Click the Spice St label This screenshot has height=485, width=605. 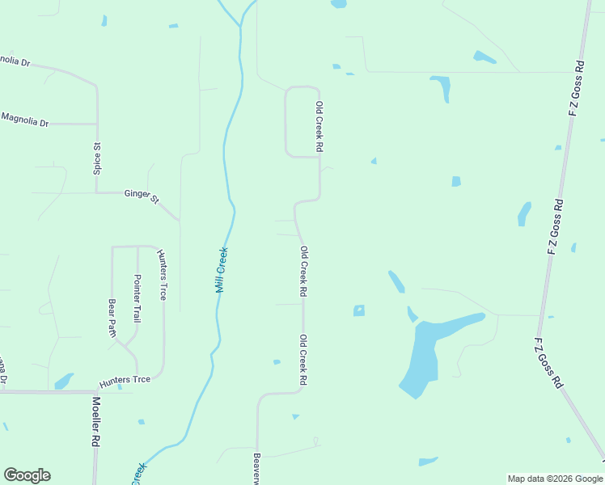(97, 158)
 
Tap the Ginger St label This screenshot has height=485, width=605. (142, 196)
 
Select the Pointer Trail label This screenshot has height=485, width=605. (137, 298)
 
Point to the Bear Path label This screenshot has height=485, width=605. (112, 318)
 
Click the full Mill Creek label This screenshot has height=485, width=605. (222, 269)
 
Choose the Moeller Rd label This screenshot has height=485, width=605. (96, 421)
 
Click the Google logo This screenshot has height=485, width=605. (27, 475)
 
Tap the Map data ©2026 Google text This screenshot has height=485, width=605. (554, 479)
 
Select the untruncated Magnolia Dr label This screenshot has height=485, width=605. (25, 120)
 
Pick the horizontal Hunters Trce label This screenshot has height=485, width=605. (125, 381)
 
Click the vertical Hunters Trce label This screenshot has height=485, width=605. (162, 275)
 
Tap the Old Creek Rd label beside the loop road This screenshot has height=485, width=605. (319, 127)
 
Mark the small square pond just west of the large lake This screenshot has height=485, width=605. (359, 310)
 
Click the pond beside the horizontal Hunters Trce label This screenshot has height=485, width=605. (63, 381)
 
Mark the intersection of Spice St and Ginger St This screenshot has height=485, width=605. (97, 192)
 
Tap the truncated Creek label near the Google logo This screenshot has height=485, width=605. (139, 473)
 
